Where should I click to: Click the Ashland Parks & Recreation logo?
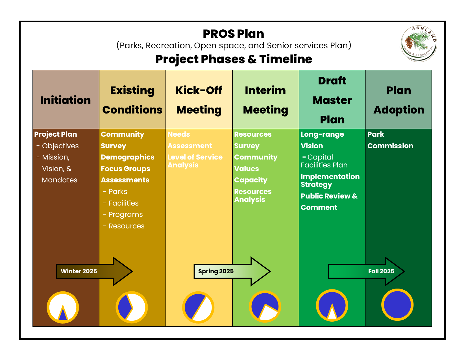click(x=419, y=44)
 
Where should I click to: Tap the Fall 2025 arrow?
click(x=365, y=271)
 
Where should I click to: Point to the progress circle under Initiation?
click(x=63, y=307)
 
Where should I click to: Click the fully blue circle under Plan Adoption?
click(x=397, y=305)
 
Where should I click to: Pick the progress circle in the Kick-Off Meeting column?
click(x=198, y=307)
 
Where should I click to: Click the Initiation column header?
click(x=66, y=100)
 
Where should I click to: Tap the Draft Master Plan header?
click(x=332, y=100)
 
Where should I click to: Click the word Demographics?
click(x=128, y=157)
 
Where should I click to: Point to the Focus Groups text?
click(x=125, y=169)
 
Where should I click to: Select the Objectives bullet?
click(x=60, y=146)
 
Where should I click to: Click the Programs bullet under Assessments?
click(x=126, y=215)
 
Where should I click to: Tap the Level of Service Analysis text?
click(x=195, y=161)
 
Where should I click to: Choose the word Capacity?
click(x=251, y=180)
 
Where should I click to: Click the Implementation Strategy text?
click(x=330, y=180)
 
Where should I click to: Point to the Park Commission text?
click(x=390, y=140)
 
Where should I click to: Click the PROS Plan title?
click(x=233, y=34)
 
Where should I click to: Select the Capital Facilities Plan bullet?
click(x=324, y=161)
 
